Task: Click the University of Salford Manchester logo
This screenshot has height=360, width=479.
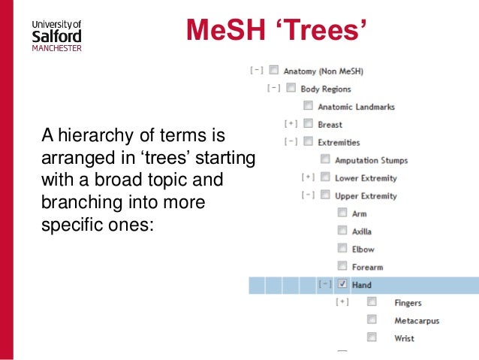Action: click(x=56, y=34)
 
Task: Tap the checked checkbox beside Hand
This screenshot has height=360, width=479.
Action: click(x=342, y=285)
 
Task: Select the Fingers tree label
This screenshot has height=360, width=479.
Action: click(x=408, y=303)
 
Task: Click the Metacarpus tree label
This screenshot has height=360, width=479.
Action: click(x=417, y=321)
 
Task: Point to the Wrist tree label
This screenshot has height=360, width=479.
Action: click(x=404, y=339)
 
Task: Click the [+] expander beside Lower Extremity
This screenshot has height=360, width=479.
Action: click(x=307, y=178)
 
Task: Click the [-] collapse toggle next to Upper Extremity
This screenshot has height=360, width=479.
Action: click(x=307, y=195)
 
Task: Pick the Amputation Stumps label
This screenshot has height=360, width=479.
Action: click(x=371, y=160)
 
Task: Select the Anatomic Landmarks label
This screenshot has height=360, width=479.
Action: click(x=356, y=107)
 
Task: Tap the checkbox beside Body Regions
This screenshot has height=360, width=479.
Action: click(x=291, y=88)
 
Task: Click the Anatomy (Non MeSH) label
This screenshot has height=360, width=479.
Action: click(x=324, y=71)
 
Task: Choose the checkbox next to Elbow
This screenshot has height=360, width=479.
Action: click(x=342, y=249)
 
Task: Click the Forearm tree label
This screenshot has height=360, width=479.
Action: click(x=367, y=267)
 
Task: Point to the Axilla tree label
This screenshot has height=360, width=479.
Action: click(x=362, y=231)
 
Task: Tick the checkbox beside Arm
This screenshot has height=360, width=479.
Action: click(x=342, y=213)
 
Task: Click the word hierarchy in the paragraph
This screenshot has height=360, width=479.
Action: click(x=92, y=136)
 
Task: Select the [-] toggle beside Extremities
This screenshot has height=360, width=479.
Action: click(x=291, y=142)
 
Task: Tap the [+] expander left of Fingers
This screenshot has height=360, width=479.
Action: click(x=342, y=303)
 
